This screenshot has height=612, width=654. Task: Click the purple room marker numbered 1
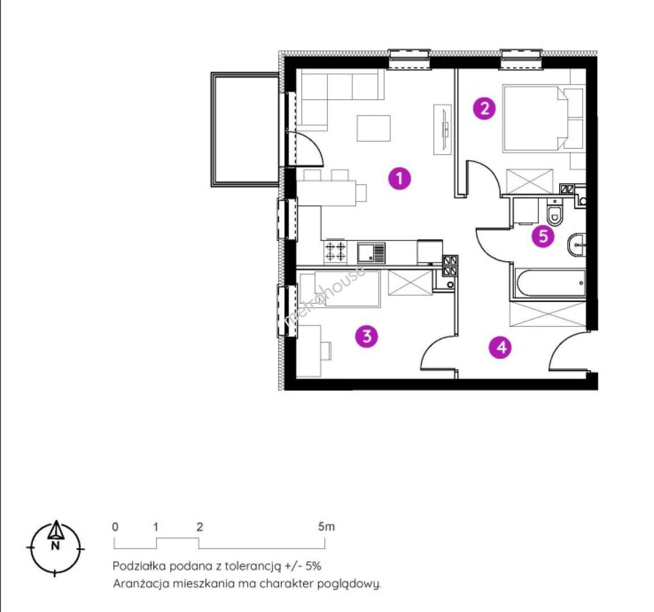tap(399, 178)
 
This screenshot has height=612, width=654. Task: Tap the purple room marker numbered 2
tap(484, 109)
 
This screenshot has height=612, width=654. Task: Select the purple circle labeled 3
tap(366, 336)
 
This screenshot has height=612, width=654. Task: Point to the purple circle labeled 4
tap(501, 347)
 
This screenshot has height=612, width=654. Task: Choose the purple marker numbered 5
tap(543, 236)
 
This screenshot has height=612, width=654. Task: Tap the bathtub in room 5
tap(550, 283)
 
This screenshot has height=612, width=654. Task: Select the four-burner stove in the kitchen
tap(335, 252)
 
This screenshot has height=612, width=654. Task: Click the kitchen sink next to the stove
tap(371, 253)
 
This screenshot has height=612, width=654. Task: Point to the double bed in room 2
tap(536, 118)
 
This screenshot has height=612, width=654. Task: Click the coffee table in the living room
tap(373, 128)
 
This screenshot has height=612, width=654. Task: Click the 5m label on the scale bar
tap(326, 526)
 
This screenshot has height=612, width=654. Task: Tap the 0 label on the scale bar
tap(115, 526)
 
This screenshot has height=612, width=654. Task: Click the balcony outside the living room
tap(245, 130)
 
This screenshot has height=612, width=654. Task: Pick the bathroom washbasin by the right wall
tap(576, 245)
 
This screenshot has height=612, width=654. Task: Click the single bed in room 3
tap(340, 289)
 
